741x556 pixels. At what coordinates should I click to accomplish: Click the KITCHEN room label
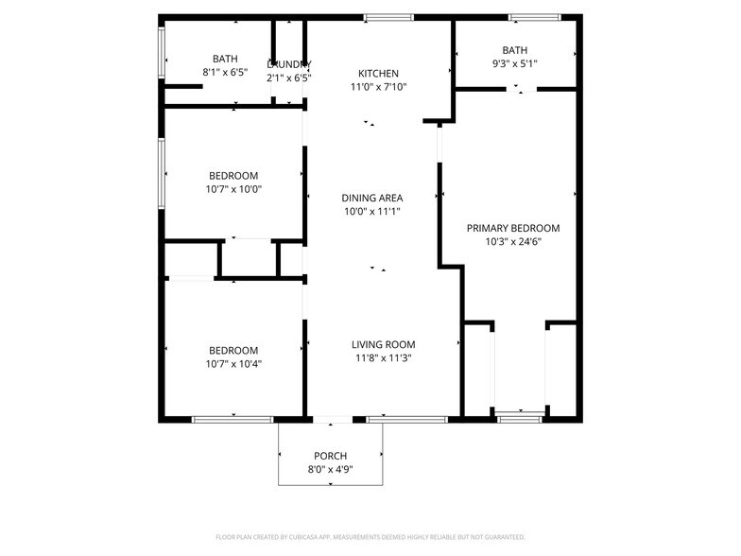tap(378, 74)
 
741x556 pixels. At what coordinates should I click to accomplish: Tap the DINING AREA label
tap(372, 198)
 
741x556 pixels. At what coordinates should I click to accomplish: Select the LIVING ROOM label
tap(384, 344)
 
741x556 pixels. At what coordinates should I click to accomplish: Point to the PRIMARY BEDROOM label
tap(513, 228)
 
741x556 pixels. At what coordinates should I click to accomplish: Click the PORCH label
tap(331, 456)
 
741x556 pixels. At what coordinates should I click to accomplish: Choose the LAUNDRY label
tap(288, 63)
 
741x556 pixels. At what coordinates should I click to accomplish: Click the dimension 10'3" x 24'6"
tap(513, 241)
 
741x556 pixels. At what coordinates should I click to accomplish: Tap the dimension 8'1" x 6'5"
tap(225, 72)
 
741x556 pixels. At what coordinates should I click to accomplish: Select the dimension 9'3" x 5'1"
tap(515, 64)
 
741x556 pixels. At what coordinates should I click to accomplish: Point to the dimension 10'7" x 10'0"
tap(233, 189)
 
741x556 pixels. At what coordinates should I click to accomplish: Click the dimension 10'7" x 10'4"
tap(233, 363)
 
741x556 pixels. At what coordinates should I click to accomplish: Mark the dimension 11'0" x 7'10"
tap(378, 87)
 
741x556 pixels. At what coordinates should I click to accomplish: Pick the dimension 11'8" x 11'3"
tap(384, 357)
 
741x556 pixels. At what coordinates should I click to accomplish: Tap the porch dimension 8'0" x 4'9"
tap(331, 469)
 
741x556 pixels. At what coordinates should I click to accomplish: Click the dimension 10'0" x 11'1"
tap(372, 211)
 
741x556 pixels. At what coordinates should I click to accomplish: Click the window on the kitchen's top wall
tap(388, 17)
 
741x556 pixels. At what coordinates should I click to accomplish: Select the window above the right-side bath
tap(535, 17)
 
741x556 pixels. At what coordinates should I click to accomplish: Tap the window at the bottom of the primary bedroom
tap(520, 418)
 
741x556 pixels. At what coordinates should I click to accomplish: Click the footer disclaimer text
tap(370, 536)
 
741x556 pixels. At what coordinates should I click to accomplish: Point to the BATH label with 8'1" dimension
tap(225, 59)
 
